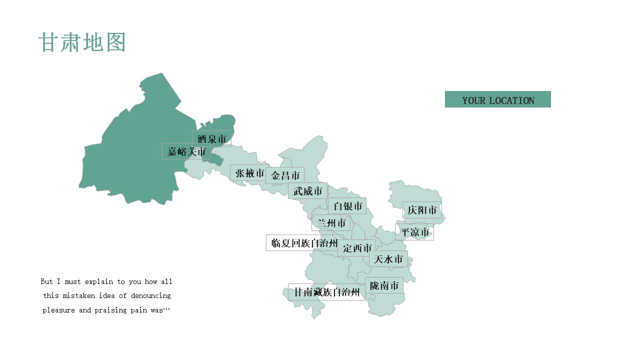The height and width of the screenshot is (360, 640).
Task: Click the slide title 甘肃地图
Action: coord(81,43)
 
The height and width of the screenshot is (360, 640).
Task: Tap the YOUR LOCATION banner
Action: coord(497,99)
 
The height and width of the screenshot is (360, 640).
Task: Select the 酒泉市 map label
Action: coord(211,138)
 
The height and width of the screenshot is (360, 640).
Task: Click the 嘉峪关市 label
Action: coord(186,151)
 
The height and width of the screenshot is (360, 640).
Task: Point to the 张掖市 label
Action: coord(249,173)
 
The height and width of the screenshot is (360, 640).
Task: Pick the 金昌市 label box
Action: coord(285,175)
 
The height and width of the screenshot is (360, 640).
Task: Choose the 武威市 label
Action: coord(307,191)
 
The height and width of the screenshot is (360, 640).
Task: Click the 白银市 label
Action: coord(347,206)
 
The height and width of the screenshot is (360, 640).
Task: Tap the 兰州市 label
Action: coord(331,223)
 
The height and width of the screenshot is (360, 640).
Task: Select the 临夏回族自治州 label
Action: coord(304,243)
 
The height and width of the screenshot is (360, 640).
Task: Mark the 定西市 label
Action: coord(357,248)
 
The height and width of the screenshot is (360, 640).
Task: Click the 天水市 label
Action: coord(388,259)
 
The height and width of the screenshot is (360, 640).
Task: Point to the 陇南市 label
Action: coord(384,285)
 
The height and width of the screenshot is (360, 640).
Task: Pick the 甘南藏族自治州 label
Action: coord(326,292)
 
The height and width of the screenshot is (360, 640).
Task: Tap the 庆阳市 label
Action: coord(422,210)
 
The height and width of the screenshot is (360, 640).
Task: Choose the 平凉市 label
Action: coord(414,232)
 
